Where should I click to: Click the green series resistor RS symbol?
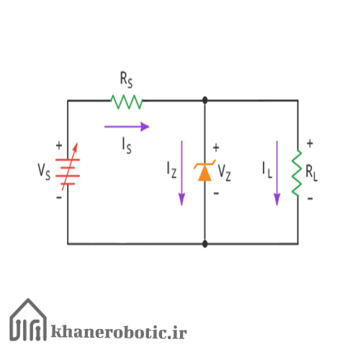point(127,102)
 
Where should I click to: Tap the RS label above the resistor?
point(126,80)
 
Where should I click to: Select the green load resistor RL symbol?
point(297,173)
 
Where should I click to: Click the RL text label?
point(312,173)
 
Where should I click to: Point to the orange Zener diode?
point(204,171)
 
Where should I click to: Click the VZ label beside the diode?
point(225,173)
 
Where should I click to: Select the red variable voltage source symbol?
point(68,168)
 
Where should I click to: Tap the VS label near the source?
point(44,171)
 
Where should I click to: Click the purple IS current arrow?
point(127,127)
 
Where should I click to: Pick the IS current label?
point(127,145)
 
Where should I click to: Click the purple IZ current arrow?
point(181,173)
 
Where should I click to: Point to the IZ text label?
point(171,170)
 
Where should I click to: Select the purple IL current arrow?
point(277,173)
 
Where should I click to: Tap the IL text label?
point(267,170)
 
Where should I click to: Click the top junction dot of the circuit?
point(204,100)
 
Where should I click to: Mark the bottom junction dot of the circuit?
point(204,244)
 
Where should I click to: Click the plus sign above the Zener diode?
point(216,148)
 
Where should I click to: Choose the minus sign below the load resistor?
point(310,199)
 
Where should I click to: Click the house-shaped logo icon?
point(28,320)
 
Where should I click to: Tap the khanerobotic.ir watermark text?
point(119,332)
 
